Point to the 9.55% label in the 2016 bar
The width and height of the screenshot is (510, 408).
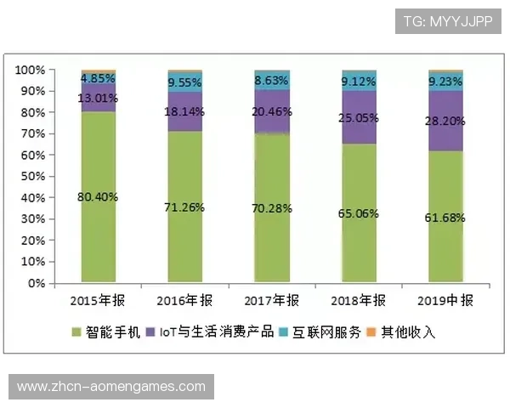[185, 82]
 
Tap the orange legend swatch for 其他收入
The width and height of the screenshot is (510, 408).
[371, 331]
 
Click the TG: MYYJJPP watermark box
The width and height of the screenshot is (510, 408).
[448, 19]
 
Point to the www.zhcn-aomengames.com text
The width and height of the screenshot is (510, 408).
[111, 387]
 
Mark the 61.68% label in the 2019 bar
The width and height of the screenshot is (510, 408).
[446, 218]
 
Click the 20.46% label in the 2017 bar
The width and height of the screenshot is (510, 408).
[272, 111]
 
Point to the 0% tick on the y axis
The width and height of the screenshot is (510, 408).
[35, 283]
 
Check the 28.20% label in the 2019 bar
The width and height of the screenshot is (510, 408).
[446, 121]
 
